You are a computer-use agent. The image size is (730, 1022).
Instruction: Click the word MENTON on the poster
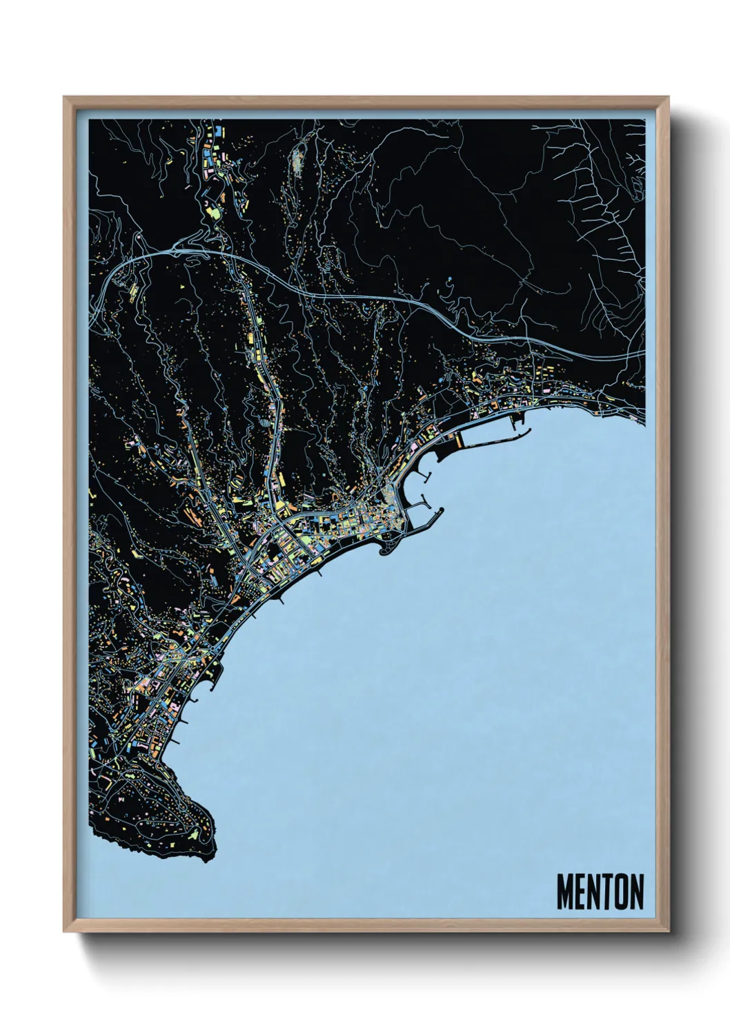click(600, 892)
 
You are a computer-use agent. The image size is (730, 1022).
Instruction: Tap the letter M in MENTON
click(565, 892)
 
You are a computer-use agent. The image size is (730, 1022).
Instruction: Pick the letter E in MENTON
click(580, 892)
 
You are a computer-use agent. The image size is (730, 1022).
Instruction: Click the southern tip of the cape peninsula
click(207, 856)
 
